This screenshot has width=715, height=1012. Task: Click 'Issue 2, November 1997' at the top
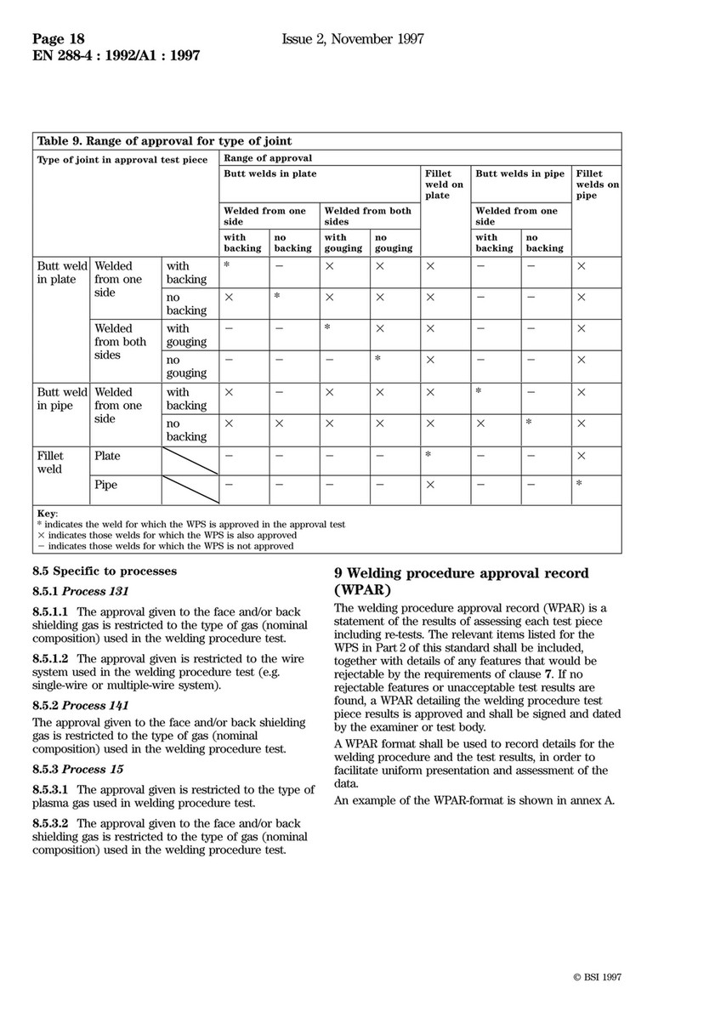pos(353,39)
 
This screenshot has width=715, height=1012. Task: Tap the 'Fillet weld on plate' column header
pos(444,185)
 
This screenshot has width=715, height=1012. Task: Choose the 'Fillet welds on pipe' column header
pos(597,185)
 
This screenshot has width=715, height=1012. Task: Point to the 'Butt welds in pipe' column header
pos(519,174)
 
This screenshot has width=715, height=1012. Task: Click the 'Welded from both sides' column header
pos(367,216)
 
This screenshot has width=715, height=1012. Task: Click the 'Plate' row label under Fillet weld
pos(107,456)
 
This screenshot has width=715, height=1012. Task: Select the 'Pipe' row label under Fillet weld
pos(106,485)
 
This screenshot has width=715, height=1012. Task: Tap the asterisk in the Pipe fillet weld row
pos(579,484)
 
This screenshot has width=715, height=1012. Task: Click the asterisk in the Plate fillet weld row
pos(429,455)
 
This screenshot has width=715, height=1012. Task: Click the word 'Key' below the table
pos(48,514)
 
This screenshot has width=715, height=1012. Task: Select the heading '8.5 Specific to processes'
pos(104,571)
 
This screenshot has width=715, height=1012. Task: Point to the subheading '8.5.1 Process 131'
pos(81,592)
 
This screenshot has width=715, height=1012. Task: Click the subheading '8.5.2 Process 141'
pos(81,706)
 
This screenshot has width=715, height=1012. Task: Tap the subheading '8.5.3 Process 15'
pos(77,769)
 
